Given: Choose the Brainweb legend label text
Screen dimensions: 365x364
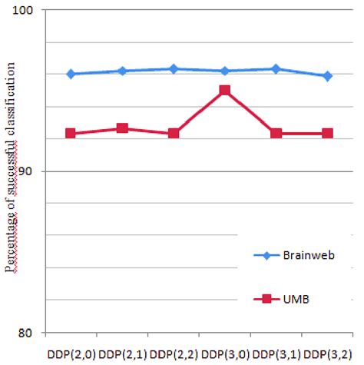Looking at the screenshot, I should coord(309,255).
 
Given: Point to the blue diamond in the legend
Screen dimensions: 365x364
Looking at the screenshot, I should coord(266,255).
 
